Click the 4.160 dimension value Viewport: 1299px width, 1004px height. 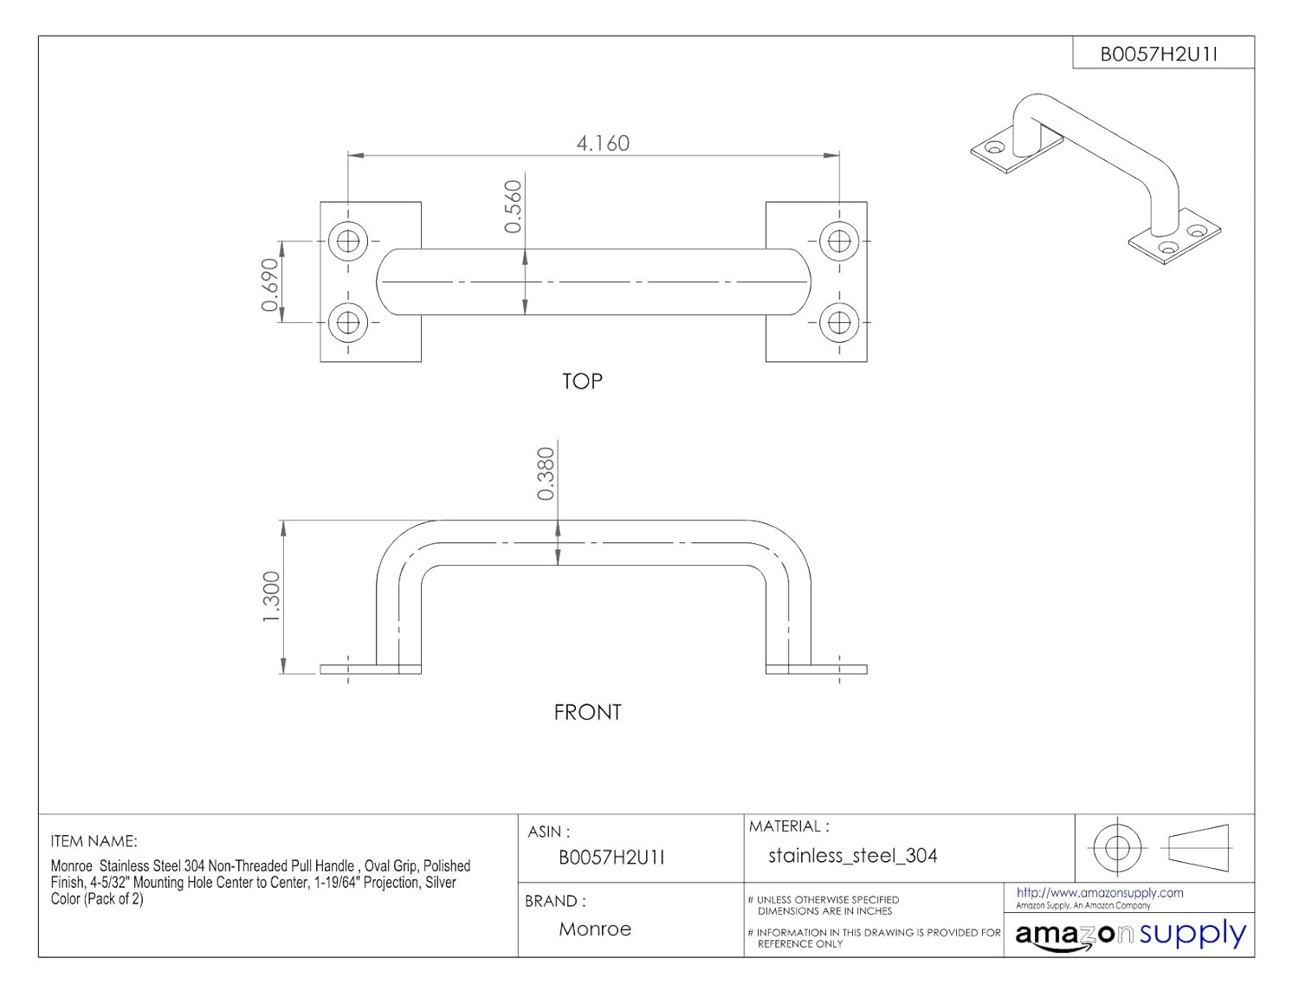coord(603,143)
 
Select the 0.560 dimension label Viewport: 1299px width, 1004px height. coord(514,206)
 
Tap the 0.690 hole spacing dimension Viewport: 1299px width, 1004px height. coord(270,284)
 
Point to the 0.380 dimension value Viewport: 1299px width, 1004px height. coord(546,474)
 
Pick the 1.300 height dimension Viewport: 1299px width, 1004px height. coord(271,596)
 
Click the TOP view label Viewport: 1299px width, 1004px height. coord(582,381)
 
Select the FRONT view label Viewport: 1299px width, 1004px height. coord(587,712)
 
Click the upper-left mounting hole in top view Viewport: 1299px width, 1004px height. coord(348,241)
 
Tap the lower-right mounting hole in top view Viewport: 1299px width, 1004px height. coord(838,322)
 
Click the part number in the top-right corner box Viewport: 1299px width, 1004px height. coord(1159,54)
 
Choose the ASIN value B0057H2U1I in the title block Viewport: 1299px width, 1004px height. coord(611,858)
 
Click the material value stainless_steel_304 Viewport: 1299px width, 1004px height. coord(852,856)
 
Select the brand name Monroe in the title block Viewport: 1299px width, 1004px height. coord(595,929)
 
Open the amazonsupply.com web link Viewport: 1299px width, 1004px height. coord(1099,892)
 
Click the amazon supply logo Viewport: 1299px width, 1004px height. coord(1130,935)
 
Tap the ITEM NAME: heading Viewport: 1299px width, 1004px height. coord(94,841)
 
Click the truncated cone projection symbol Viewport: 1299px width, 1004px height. coord(1199,845)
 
